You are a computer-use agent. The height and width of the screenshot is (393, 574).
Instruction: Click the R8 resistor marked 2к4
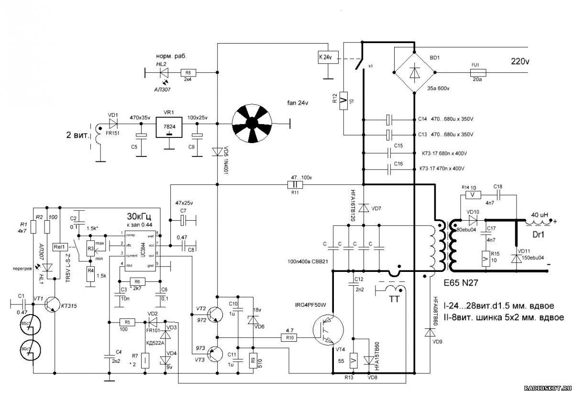click(x=188, y=73)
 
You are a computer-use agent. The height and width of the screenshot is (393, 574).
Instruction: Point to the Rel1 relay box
click(x=61, y=247)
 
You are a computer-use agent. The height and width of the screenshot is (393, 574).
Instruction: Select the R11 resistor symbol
click(x=295, y=185)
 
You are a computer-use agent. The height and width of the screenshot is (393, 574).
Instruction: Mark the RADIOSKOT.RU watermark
click(x=547, y=388)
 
